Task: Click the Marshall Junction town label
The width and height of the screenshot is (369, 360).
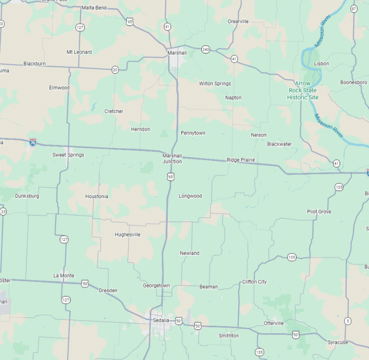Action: (x=172, y=158)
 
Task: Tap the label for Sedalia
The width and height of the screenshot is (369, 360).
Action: (x=161, y=321)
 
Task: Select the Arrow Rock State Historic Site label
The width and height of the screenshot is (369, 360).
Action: (x=302, y=90)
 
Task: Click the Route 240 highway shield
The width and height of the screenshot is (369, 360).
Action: (x=206, y=50)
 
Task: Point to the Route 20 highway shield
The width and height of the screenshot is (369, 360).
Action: (x=115, y=69)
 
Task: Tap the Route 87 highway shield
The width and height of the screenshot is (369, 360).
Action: (x=354, y=9)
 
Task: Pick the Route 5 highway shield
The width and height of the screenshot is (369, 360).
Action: (x=348, y=321)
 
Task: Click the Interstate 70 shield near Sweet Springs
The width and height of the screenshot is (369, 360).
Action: (x=33, y=143)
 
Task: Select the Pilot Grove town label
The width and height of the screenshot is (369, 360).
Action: (x=319, y=212)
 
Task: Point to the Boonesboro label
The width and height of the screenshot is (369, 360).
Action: (x=354, y=83)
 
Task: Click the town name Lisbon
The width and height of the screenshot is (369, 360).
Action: (x=321, y=63)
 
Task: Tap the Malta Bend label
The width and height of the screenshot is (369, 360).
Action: (x=94, y=8)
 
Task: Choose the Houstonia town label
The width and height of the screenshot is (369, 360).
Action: (x=97, y=196)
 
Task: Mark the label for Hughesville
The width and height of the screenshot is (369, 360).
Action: (x=128, y=234)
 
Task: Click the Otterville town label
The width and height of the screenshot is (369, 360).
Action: (x=273, y=323)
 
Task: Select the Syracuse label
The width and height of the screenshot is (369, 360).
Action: (x=337, y=342)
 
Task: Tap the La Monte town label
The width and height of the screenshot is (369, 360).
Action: (x=64, y=275)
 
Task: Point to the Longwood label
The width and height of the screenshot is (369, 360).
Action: (x=190, y=196)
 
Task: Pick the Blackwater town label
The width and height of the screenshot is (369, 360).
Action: (x=279, y=144)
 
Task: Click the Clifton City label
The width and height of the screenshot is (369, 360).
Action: (x=254, y=282)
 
